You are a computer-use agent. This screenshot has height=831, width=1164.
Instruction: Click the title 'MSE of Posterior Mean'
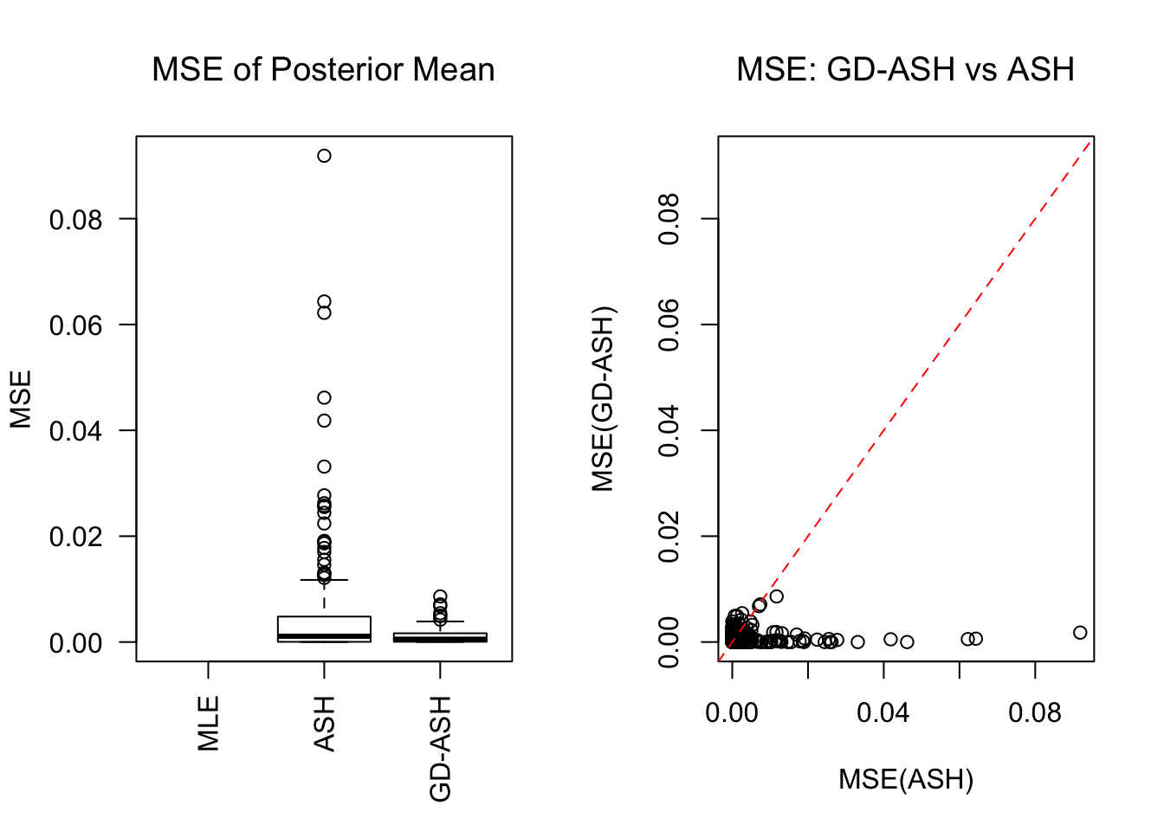[x=323, y=69]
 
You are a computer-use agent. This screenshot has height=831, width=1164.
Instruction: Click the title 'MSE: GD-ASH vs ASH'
[x=905, y=69]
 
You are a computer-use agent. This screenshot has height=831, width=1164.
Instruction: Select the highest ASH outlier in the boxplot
[x=324, y=156]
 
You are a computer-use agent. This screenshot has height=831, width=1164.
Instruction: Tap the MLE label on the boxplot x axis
[x=209, y=724]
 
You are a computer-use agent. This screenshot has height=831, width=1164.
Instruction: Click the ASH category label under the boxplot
[x=324, y=724]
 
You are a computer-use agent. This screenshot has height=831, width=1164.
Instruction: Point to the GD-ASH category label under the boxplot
[x=440, y=749]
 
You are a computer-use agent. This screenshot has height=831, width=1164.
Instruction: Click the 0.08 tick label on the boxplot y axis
[x=75, y=220]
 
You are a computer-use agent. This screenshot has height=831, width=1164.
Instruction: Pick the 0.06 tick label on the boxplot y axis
[x=75, y=325]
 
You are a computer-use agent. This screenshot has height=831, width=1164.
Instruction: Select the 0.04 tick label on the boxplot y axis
[x=75, y=431]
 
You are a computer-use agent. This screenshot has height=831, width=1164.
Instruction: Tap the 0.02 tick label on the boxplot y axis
[x=75, y=537]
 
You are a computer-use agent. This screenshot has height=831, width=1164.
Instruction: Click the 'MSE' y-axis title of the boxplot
[x=21, y=399]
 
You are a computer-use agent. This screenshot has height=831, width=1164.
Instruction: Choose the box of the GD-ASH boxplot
[x=440, y=637]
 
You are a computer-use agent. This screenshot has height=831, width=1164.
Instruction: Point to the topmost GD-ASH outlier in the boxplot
[x=440, y=596]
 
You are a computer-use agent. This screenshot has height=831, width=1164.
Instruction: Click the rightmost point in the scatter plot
[x=1080, y=633]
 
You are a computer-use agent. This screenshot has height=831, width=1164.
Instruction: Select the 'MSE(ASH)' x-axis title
[x=906, y=779]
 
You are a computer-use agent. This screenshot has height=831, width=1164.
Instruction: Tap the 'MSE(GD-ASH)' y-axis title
[x=603, y=399]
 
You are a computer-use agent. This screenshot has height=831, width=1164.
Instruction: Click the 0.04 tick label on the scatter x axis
[x=883, y=713]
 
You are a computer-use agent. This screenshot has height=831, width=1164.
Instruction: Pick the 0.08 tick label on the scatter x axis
[x=1035, y=713]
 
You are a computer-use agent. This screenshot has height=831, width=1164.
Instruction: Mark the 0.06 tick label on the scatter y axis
[x=669, y=325]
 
